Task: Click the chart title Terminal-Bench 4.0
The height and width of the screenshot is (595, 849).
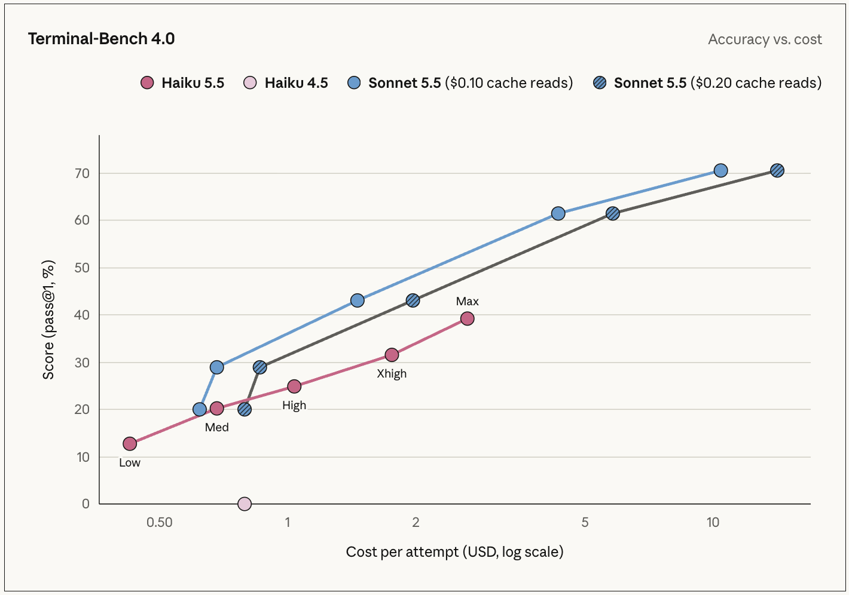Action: click(101, 39)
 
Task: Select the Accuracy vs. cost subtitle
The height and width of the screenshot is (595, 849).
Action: click(765, 39)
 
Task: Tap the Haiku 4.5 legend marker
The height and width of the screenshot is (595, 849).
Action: click(250, 82)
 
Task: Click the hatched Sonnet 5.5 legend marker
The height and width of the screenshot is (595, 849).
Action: click(600, 82)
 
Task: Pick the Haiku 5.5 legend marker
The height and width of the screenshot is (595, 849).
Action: click(147, 82)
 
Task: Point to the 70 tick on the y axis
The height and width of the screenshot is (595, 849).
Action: click(82, 173)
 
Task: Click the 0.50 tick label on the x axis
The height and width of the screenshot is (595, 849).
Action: click(160, 522)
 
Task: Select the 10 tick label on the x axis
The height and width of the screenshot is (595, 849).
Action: click(713, 522)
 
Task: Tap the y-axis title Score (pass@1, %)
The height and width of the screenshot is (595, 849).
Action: click(48, 320)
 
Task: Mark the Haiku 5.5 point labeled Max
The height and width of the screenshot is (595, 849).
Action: click(468, 318)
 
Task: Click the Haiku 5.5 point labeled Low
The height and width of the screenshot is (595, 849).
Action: click(130, 443)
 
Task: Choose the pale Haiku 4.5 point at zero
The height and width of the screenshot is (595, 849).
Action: click(245, 504)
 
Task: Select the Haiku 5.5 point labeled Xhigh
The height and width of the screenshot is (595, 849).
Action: click(392, 355)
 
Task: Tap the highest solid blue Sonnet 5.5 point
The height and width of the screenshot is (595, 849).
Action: click(720, 170)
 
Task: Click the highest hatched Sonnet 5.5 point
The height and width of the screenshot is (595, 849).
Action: click(777, 170)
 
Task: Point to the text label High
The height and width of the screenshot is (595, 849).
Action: click(294, 405)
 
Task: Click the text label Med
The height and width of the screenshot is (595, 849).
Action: click(217, 427)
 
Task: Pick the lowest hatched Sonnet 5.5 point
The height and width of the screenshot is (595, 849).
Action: click(245, 409)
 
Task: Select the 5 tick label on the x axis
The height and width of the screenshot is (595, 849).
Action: click(585, 522)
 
